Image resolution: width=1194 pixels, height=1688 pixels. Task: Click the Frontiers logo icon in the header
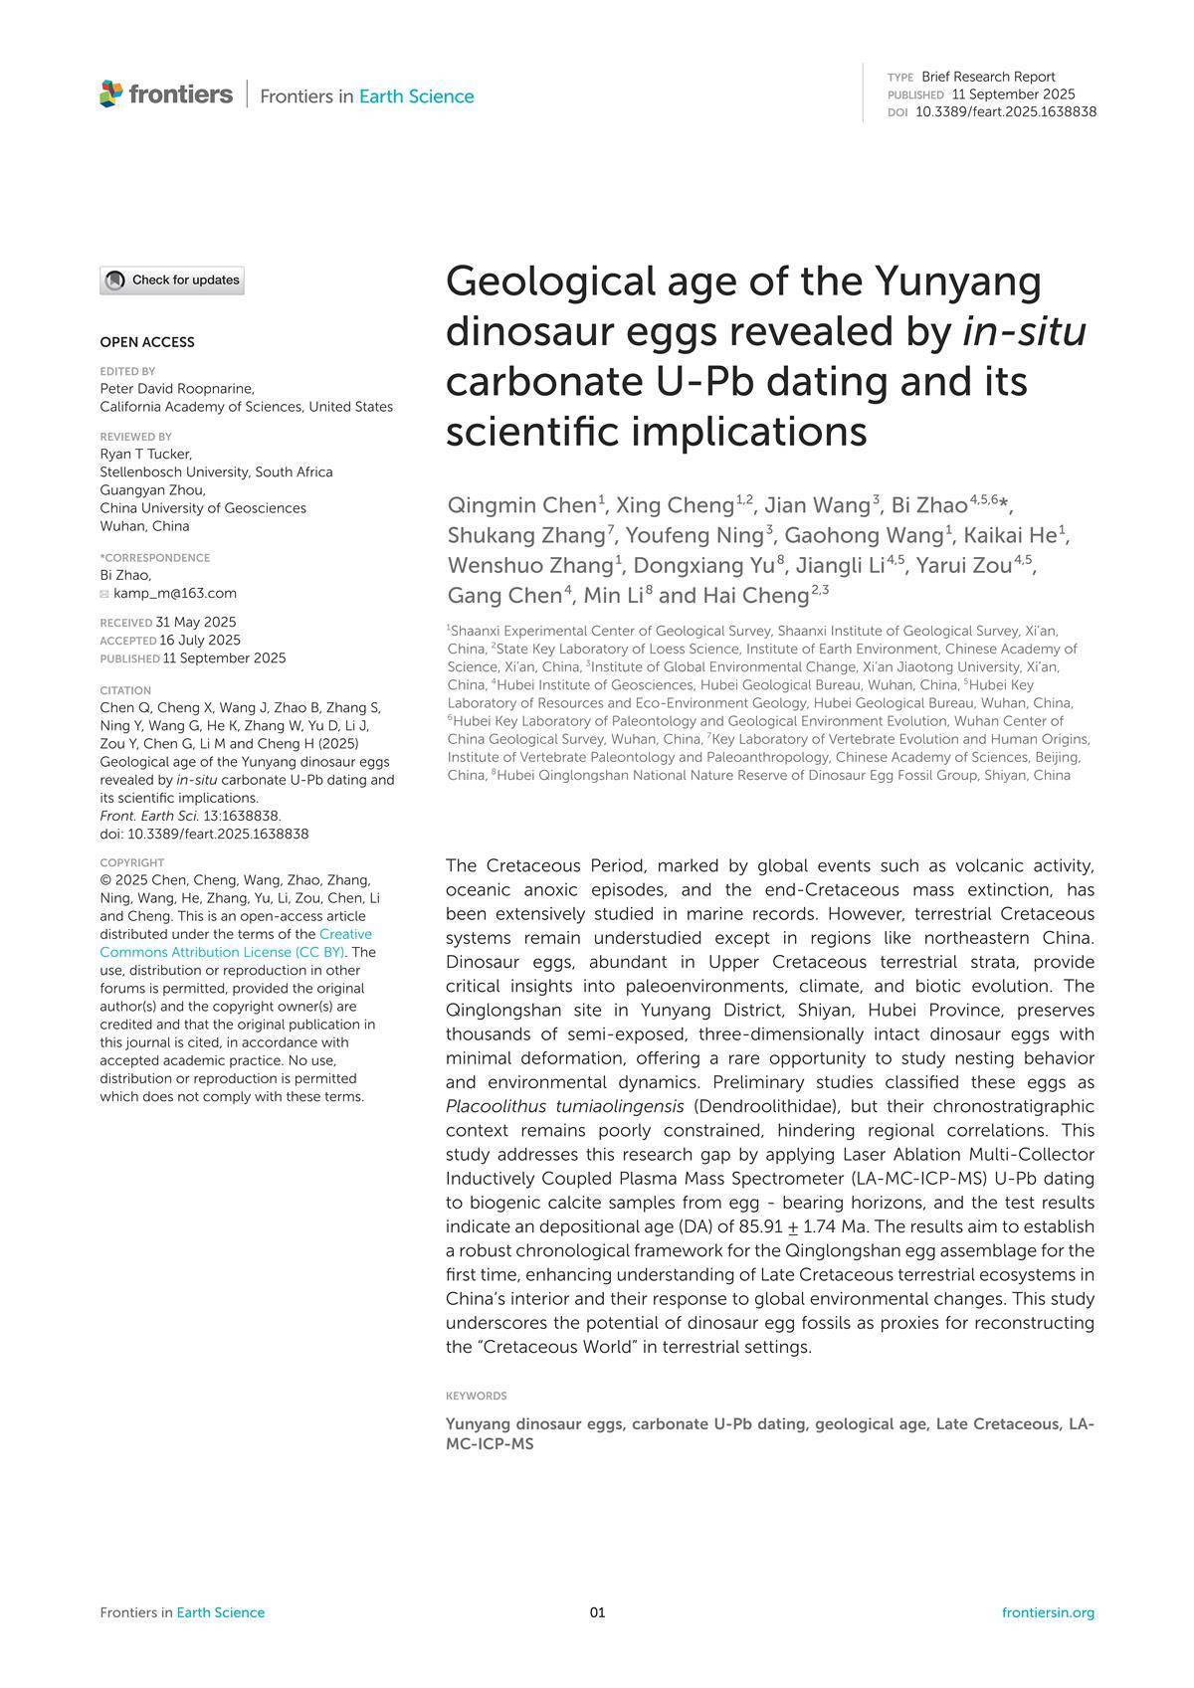[x=111, y=94]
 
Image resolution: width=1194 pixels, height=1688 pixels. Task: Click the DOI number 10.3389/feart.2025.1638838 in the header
[x=1005, y=112]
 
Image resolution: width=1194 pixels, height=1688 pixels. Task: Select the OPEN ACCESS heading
[x=147, y=342]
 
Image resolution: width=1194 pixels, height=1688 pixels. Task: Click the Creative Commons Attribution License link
[x=236, y=943]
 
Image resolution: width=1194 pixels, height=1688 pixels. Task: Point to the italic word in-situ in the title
[x=1024, y=331]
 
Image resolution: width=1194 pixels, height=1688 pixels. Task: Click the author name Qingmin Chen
[x=522, y=504]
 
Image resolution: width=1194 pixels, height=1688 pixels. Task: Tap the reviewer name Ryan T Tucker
[x=145, y=454]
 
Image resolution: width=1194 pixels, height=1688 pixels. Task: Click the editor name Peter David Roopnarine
[x=176, y=388]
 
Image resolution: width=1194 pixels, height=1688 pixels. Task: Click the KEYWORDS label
[x=477, y=1396]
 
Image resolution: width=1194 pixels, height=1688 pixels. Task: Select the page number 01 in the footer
[x=597, y=1612]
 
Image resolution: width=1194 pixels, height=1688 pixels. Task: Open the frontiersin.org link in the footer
[x=1048, y=1612]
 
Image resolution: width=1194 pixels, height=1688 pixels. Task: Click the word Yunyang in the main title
[x=957, y=281]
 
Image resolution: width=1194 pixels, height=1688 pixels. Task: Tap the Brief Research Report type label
[x=988, y=77]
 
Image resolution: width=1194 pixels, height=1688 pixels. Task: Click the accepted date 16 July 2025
[x=200, y=640]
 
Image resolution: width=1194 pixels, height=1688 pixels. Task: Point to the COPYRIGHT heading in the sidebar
[x=132, y=862]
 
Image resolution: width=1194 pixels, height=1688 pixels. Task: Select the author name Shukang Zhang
[x=526, y=535]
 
